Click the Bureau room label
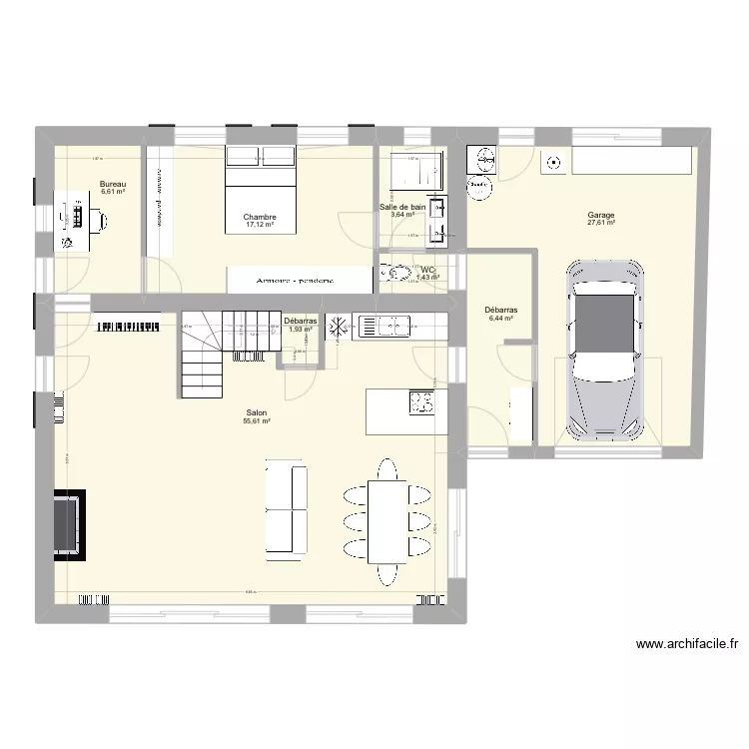click(x=112, y=184)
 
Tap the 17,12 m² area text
click(x=259, y=226)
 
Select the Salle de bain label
click(x=402, y=207)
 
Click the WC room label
click(x=427, y=270)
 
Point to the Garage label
click(x=601, y=215)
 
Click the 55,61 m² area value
click(x=257, y=421)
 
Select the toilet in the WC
click(x=394, y=272)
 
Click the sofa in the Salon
click(x=286, y=507)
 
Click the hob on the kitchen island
click(x=422, y=402)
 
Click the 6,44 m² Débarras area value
click(x=498, y=319)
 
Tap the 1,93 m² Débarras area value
click(x=301, y=329)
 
